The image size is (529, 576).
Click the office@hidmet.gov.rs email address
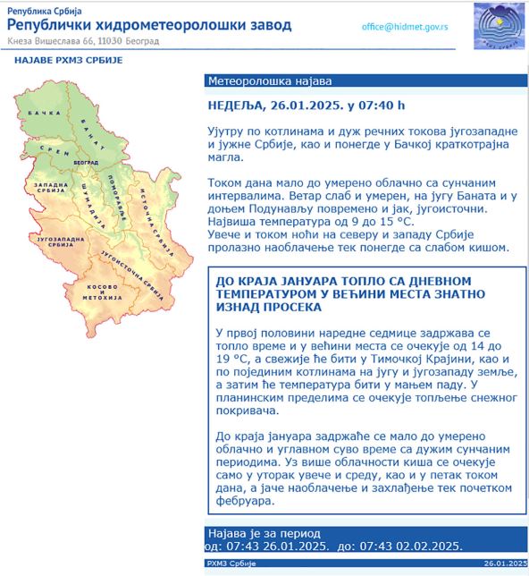405,27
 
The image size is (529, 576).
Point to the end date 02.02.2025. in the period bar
426,546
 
